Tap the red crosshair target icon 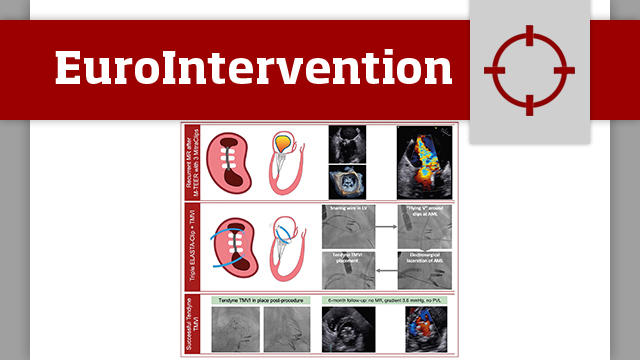pyautogui.click(x=529, y=70)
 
